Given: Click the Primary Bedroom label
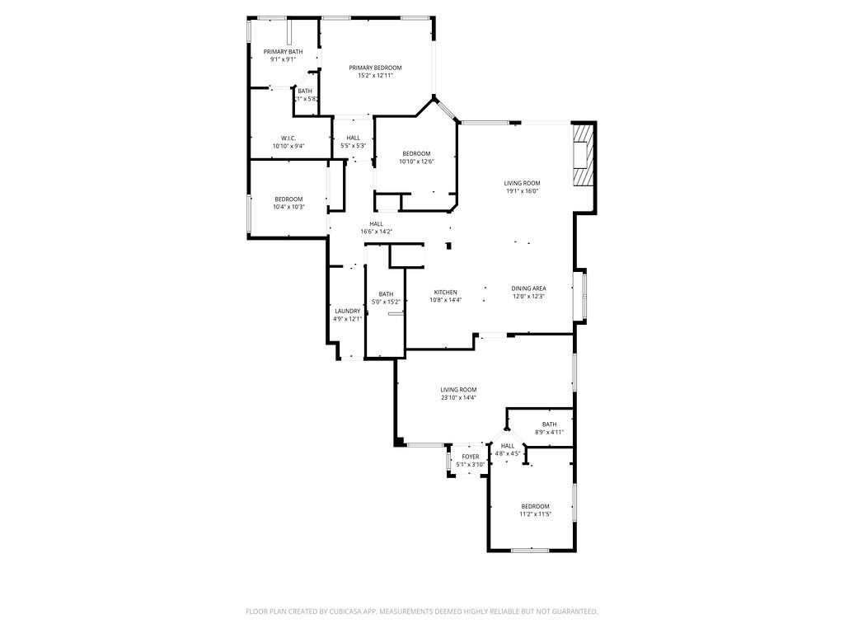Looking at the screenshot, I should [x=375, y=68].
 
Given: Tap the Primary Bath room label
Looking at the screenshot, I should [x=283, y=52].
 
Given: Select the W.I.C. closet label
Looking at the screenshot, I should [x=288, y=138].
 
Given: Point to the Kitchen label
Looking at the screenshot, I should [x=446, y=293].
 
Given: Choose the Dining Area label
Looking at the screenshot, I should [x=528, y=288].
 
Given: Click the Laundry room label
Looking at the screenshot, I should [x=348, y=311].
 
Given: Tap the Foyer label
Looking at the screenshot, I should [x=471, y=457].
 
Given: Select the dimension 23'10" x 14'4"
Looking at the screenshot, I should [x=458, y=398].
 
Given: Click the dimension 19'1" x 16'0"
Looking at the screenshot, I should [x=523, y=191].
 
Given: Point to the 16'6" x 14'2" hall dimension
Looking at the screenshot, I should [x=376, y=232].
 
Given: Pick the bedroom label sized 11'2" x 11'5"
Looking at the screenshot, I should [x=535, y=506].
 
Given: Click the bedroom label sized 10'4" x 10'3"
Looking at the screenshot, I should [x=288, y=199].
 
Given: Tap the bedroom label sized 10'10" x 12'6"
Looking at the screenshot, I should [x=416, y=153].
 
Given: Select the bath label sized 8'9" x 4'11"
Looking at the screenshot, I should [x=549, y=424].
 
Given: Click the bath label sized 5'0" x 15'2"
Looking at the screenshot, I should [x=386, y=294].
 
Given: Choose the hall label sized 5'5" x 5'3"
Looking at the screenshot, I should [x=354, y=138].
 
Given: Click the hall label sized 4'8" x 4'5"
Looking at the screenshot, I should [x=508, y=446].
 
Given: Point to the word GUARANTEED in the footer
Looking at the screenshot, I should [x=570, y=612].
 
